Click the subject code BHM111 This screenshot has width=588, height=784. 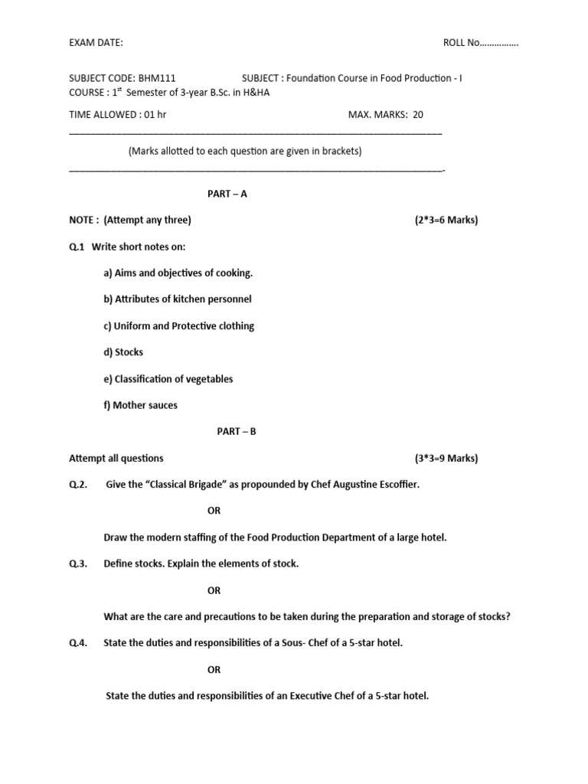point(162,78)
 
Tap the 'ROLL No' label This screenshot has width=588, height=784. point(461,43)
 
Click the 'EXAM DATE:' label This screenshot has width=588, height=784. point(96,43)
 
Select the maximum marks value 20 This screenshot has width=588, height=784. point(417,115)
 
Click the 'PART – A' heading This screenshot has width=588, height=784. point(227,194)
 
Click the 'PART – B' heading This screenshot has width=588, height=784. point(237,432)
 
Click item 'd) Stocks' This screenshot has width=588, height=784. point(123,352)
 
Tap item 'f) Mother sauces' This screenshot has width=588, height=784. point(140,406)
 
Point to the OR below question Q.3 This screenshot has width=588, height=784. point(214,590)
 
